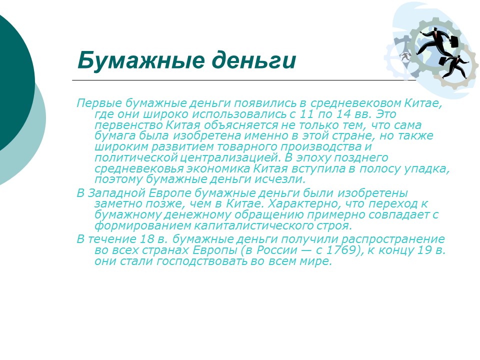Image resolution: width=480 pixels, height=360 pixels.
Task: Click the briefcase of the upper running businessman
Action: coord(453,41)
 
